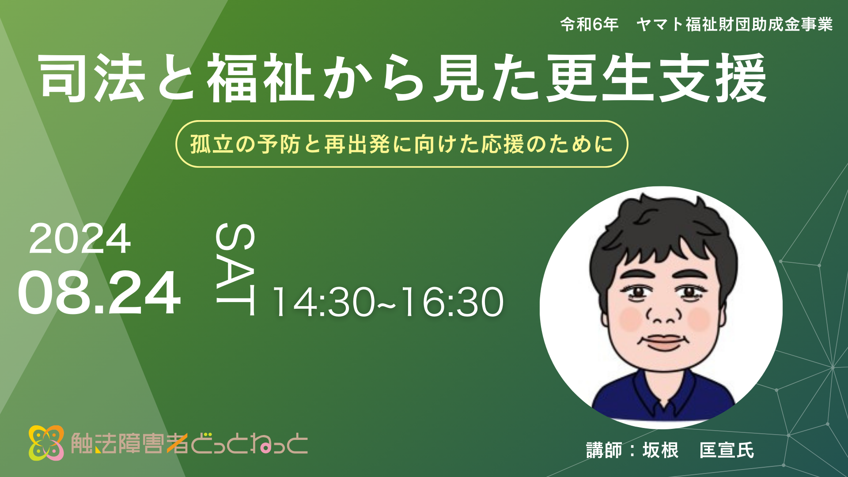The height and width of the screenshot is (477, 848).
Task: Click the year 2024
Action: coord(80,238)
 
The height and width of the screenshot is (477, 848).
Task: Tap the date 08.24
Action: coord(99,293)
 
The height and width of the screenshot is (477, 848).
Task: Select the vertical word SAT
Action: coord(235,269)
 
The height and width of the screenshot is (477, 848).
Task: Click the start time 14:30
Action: coord(323,302)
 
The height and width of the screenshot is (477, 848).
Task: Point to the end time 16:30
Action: coord(452,302)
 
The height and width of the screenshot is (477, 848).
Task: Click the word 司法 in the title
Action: coord(93,78)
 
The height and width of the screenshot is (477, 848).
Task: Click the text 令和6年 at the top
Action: coord(589,24)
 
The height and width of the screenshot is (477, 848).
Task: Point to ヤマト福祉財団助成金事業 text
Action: coord(734,24)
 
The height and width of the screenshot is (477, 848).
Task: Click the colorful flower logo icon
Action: coord(46,443)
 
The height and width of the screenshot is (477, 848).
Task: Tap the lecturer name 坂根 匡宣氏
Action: coord(698,450)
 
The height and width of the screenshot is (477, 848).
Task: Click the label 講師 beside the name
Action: coord(604,450)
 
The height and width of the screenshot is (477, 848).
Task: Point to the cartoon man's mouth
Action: coord(664,342)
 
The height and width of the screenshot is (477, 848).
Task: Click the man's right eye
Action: coord(638,292)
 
